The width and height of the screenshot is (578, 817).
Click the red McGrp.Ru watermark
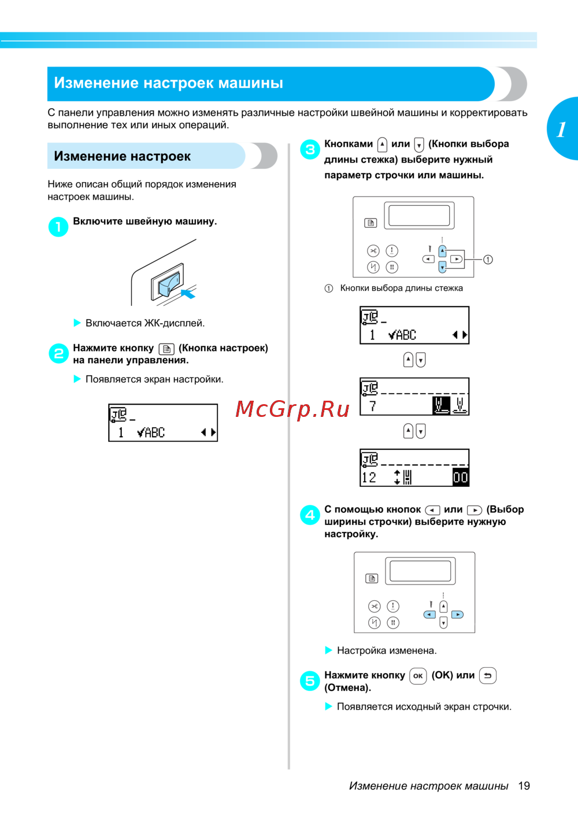(x=292, y=409)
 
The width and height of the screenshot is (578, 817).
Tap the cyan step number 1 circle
(x=58, y=227)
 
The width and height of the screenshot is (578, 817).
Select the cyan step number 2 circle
(x=58, y=353)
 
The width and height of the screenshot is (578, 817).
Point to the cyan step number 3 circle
(x=310, y=150)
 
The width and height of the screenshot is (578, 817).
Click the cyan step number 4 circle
(x=310, y=515)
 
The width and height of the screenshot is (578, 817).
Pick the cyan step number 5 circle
(x=310, y=681)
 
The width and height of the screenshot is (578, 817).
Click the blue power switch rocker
(x=169, y=284)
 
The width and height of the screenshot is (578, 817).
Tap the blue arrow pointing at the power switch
(x=188, y=293)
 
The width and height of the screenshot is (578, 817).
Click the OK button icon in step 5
(x=418, y=676)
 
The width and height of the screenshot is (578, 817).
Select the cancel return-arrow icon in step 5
(x=488, y=675)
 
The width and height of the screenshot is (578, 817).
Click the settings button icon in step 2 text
(x=166, y=349)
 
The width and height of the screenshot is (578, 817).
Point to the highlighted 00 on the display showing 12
(x=460, y=477)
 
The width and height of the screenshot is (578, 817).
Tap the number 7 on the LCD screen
(x=372, y=406)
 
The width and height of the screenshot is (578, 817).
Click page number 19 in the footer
(x=524, y=786)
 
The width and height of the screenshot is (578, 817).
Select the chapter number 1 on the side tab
(x=561, y=130)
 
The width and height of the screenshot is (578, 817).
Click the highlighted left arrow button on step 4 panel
(x=429, y=615)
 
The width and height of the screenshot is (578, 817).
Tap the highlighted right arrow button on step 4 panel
(x=457, y=615)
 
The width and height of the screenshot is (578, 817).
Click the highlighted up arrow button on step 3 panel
(x=442, y=251)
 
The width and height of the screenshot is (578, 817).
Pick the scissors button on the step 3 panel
(x=373, y=250)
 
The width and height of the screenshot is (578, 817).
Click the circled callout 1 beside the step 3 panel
(x=488, y=260)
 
